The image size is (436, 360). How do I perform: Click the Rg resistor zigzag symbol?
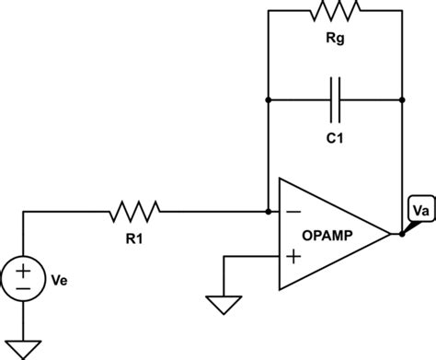(x=335, y=11)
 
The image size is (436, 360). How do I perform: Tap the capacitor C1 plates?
(x=335, y=97)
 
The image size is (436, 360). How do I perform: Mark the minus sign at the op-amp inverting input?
(x=296, y=212)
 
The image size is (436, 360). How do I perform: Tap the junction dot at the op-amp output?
(x=403, y=234)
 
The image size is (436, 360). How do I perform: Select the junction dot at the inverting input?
(x=267, y=212)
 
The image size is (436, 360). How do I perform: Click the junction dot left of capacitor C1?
(x=267, y=97)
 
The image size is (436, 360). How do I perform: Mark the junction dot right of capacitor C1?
(x=403, y=97)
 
